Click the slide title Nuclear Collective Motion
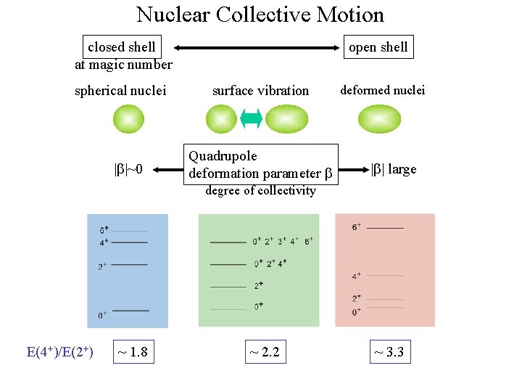(x=260, y=15)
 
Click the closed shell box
(x=121, y=47)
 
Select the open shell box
(x=378, y=47)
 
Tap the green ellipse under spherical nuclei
(x=128, y=119)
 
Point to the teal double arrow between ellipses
(x=251, y=119)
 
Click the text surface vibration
(x=260, y=91)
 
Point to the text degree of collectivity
(x=260, y=191)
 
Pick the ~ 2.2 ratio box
(x=264, y=353)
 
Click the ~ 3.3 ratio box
(x=388, y=353)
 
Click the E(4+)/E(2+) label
(x=59, y=353)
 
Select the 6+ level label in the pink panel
(x=357, y=227)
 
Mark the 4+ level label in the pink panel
(x=357, y=276)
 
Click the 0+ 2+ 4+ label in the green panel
(x=270, y=263)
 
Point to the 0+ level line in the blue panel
(x=130, y=311)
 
